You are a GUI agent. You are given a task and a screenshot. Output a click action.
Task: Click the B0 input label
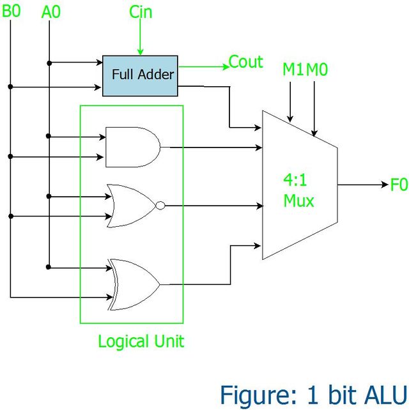[x=11, y=11]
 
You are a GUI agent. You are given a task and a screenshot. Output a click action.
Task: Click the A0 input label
[x=50, y=11]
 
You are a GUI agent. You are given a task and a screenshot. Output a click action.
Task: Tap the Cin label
[x=141, y=11]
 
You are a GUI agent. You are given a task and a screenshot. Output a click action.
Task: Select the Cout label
[x=245, y=62]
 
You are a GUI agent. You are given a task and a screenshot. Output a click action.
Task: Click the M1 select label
[x=293, y=70]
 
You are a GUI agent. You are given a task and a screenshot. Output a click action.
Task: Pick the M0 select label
[x=316, y=70]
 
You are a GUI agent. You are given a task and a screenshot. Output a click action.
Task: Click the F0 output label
[x=399, y=185]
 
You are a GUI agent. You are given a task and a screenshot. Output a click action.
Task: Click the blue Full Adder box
[x=140, y=76]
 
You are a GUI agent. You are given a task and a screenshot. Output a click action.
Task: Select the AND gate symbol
[x=133, y=148]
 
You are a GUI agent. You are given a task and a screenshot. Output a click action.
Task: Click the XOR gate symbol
[x=134, y=284]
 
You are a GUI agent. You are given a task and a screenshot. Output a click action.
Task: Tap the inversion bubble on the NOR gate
[x=160, y=206]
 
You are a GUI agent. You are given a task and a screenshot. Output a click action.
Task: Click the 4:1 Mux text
[x=298, y=190]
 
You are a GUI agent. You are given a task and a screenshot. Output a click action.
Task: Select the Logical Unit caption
[x=141, y=342]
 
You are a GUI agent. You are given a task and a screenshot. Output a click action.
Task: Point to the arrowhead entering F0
[x=385, y=185]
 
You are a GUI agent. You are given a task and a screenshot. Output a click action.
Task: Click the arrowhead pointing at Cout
[x=226, y=66]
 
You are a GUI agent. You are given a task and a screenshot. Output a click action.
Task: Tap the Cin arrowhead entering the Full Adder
[x=140, y=52]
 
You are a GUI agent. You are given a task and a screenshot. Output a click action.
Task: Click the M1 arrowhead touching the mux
[x=290, y=119]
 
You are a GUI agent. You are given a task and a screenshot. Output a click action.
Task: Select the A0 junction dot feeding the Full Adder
[x=49, y=63]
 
